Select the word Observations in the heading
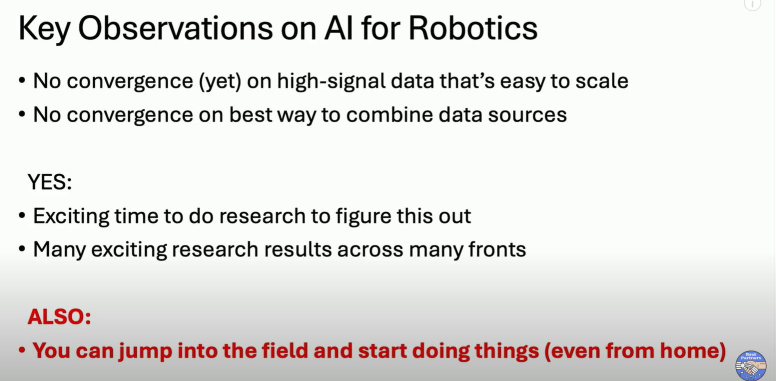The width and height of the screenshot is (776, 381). [x=175, y=28]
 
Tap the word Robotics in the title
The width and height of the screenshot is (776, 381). [x=473, y=28]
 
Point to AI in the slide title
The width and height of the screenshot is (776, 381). [x=338, y=28]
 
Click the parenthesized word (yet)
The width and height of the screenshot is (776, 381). [x=220, y=82]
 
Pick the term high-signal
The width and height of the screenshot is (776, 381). [x=331, y=82]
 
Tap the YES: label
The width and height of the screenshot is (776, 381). [x=50, y=182]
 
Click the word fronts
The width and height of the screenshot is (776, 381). [x=497, y=250]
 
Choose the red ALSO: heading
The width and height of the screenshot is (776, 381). [x=59, y=317]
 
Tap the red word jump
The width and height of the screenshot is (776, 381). [x=145, y=351]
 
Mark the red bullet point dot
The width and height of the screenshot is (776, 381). [x=22, y=350]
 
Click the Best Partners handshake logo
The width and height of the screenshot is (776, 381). [x=750, y=366]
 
